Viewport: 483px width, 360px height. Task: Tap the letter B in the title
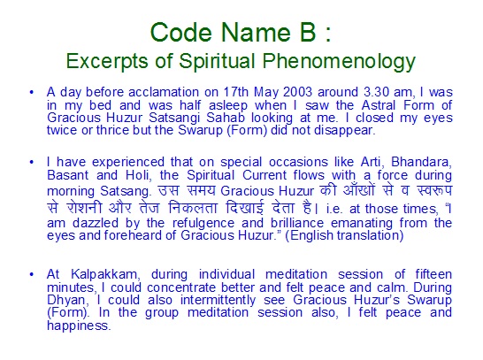[x=308, y=32]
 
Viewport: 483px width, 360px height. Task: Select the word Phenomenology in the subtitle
[x=339, y=61]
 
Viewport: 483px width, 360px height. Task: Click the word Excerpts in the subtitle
[x=107, y=61]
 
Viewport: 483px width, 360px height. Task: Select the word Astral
[x=379, y=105]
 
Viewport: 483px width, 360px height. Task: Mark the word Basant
[x=68, y=175]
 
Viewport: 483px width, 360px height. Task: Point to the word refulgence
[x=203, y=223]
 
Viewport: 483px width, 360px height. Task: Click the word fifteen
[x=433, y=274]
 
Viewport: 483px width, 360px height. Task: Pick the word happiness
[x=79, y=326]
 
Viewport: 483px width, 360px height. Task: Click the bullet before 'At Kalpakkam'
[x=32, y=274]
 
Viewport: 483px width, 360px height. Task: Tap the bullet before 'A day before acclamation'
[x=32, y=92]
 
